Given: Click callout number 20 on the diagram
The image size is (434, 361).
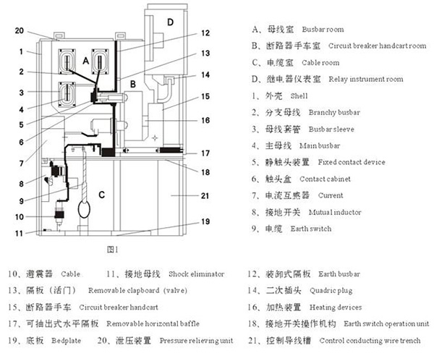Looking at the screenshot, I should point(20,30).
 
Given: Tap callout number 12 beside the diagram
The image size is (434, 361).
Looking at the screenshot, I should point(205,33).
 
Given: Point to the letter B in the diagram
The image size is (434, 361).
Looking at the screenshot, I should point(132,85).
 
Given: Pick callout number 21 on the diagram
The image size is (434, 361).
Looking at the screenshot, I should point(205,195).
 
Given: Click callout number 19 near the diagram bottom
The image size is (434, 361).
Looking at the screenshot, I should point(205,221).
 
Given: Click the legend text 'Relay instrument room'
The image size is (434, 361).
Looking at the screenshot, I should point(365,79).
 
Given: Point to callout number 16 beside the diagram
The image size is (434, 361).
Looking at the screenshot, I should point(205,120).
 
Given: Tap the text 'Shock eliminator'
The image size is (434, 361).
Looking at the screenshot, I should point(196,274).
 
